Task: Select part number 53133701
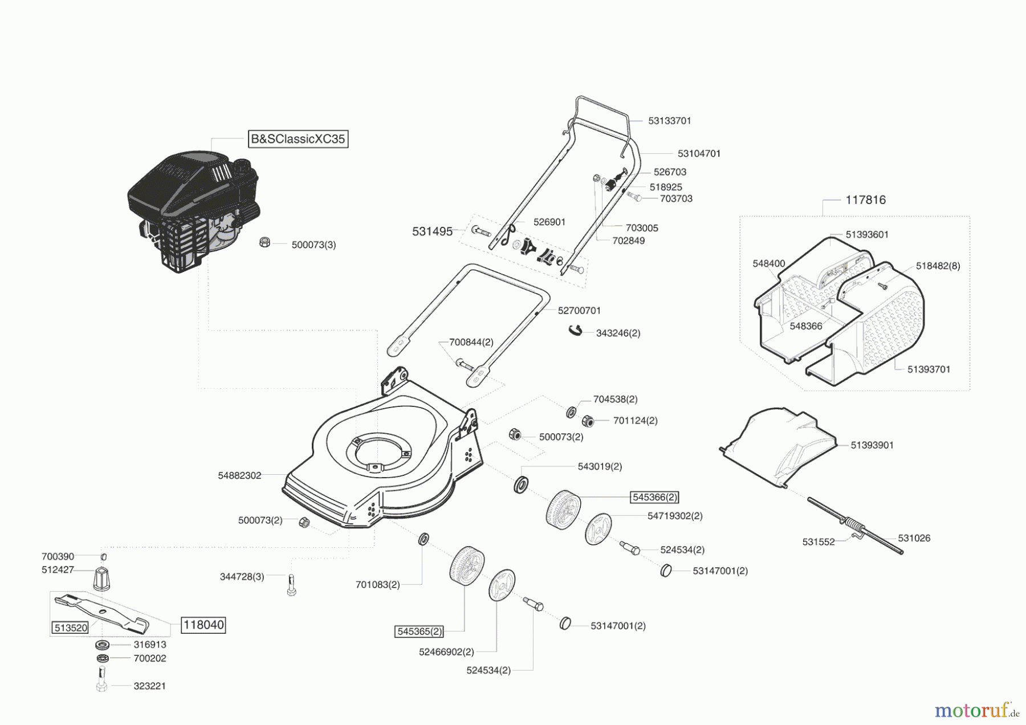point(669,121)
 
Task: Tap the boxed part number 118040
point(203,625)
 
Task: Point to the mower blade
point(103,613)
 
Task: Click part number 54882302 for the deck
point(239,475)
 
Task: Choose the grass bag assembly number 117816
point(865,200)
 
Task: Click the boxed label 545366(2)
point(654,498)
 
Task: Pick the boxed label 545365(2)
point(420,632)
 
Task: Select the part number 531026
point(914,538)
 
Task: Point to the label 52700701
point(579,311)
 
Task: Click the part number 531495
point(432,231)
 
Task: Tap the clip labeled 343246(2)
point(575,330)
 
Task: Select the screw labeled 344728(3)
point(291,585)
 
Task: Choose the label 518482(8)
point(938,266)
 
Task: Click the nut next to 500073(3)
point(264,242)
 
